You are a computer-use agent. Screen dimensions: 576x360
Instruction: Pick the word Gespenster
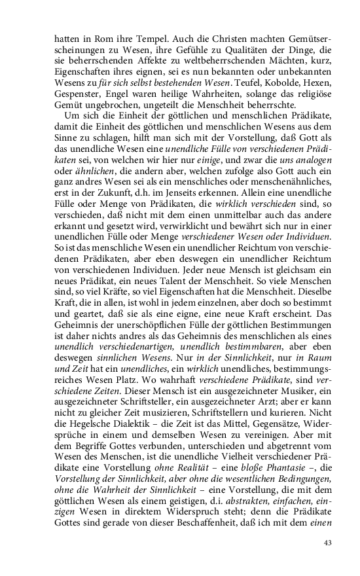75,94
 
